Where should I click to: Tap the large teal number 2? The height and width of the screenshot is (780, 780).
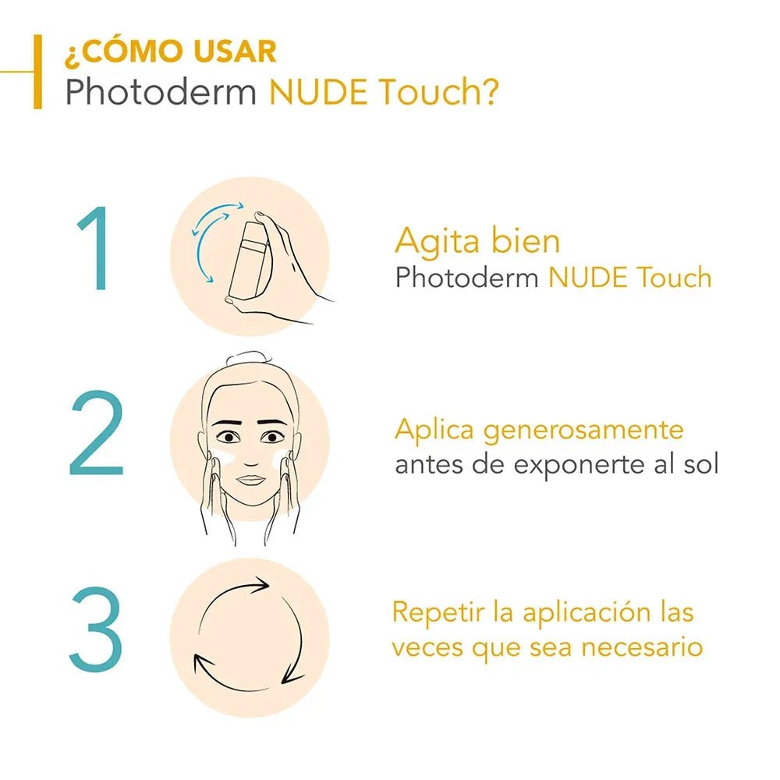click(x=96, y=435)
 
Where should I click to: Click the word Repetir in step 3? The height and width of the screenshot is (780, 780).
click(x=437, y=612)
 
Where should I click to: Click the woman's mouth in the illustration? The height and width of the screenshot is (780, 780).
click(x=250, y=478)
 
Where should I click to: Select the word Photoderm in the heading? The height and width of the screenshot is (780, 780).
click(x=161, y=94)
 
